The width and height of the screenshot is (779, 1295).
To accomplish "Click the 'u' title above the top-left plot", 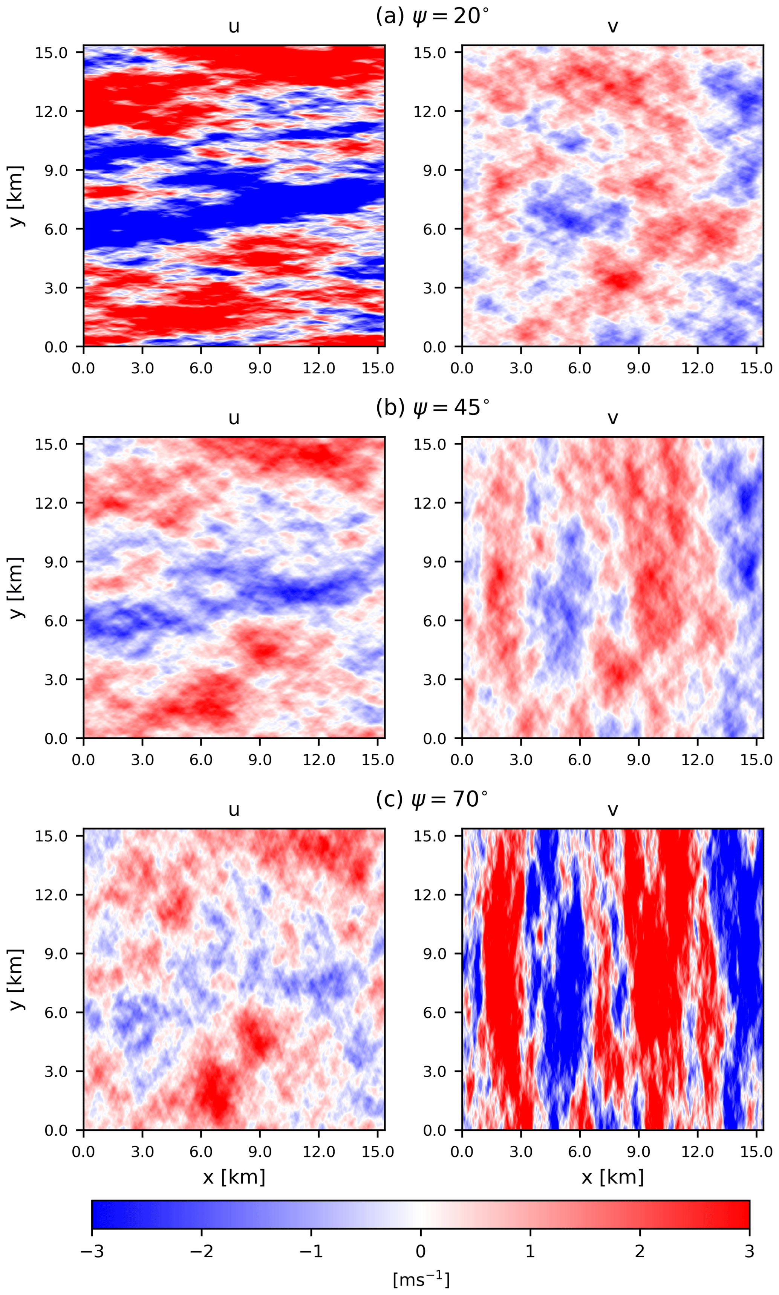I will coord(234,27).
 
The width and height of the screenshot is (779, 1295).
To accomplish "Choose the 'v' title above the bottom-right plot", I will coord(612,810).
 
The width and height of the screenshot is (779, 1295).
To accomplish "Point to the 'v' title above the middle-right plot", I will coord(612,418).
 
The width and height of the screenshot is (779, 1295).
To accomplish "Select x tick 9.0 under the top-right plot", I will coord(638,368).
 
